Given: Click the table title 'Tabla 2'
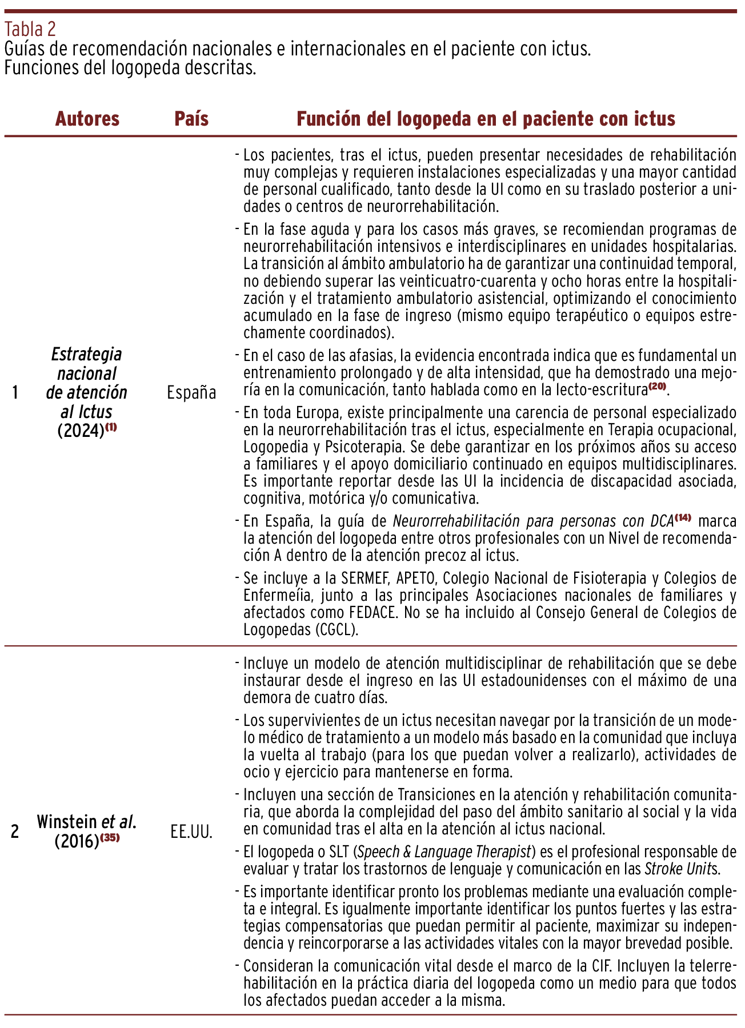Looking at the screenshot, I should click(30, 29).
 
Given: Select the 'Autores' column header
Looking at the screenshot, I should click(87, 119).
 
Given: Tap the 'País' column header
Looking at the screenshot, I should click(191, 119).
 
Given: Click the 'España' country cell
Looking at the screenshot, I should click(191, 393).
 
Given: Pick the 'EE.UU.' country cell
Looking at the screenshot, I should click(191, 832).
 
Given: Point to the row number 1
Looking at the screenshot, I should click(15, 393).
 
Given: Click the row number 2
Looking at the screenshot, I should click(15, 832).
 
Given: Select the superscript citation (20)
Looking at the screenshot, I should click(657, 386).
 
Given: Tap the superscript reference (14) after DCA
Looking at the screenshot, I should click(683, 517).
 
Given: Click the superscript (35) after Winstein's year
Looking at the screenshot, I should click(110, 838).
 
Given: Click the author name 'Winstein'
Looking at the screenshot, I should click(67, 822).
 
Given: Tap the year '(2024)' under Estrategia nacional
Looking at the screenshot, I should click(81, 431).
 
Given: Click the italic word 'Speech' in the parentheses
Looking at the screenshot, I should click(380, 852).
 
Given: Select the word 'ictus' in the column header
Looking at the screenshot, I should click(654, 119).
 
